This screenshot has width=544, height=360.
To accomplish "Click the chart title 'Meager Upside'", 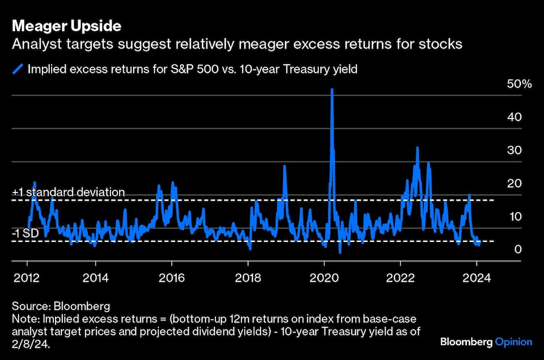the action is click(66, 26).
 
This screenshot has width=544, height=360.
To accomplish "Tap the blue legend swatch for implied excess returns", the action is click(18, 69).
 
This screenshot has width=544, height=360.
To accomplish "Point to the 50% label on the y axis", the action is click(519, 84).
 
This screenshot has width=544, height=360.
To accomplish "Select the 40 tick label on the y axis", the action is click(514, 117).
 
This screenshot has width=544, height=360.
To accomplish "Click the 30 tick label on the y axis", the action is click(514, 150).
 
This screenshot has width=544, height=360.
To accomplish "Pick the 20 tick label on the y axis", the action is click(514, 183).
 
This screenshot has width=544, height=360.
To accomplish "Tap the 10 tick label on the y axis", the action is click(516, 217).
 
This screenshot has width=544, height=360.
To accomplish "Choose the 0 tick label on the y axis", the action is click(518, 250).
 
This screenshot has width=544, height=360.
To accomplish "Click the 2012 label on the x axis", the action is click(26, 278).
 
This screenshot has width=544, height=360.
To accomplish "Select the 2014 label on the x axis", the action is click(95, 278).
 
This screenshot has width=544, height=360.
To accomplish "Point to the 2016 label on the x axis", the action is click(171, 278).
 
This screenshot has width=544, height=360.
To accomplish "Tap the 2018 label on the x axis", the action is click(248, 278).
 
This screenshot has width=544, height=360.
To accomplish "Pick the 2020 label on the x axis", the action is click(324, 278).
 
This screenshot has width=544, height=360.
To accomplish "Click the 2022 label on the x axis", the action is click(400, 278).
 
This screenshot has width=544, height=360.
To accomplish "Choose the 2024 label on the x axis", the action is click(477, 278).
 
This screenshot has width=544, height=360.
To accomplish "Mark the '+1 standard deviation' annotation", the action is click(69, 192).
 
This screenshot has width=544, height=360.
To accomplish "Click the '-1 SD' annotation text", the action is click(26, 233).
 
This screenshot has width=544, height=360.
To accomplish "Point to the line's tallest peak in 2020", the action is click(332, 89).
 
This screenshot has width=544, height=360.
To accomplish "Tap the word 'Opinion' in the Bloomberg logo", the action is click(514, 342).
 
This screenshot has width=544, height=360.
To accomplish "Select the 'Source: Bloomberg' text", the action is click(61, 306).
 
